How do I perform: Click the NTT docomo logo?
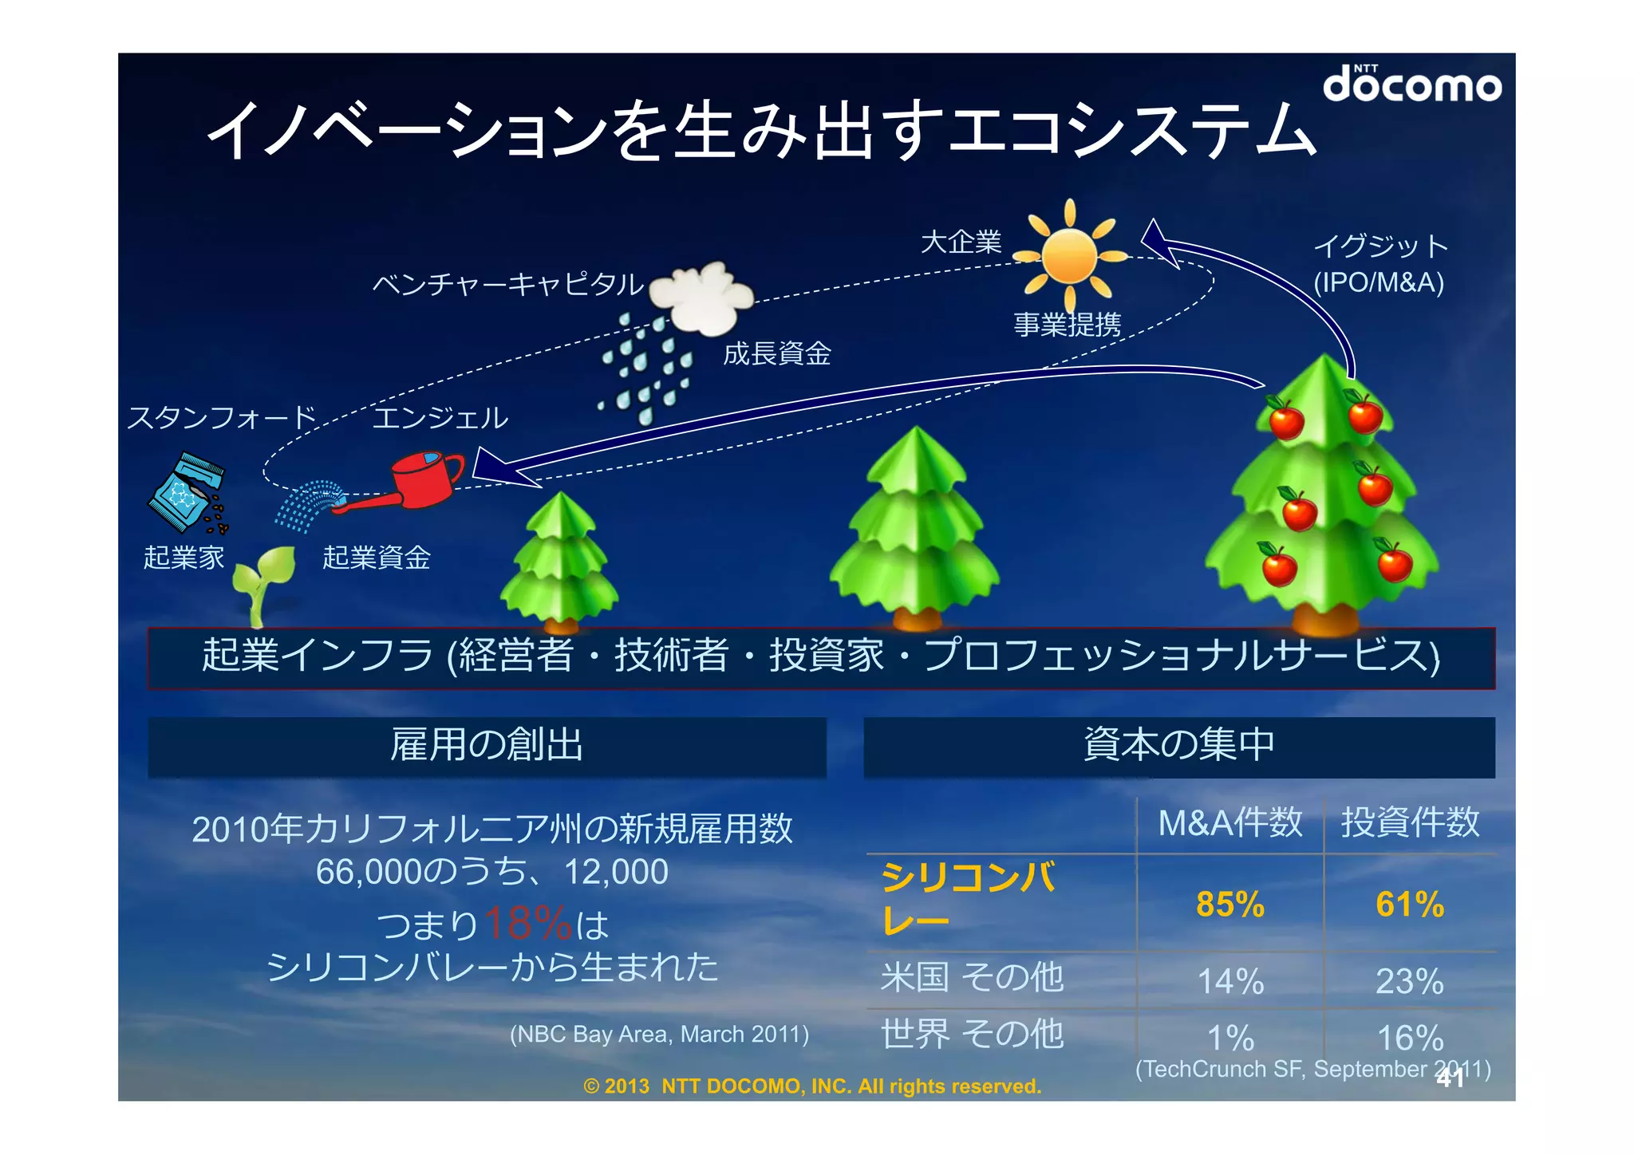[x=1411, y=84]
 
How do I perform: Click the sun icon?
[x=1070, y=254]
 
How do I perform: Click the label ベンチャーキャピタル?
[x=507, y=284]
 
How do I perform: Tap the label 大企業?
[x=961, y=242]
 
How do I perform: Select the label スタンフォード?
[x=222, y=417]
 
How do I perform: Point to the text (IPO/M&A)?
[x=1379, y=282]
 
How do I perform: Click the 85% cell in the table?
[x=1229, y=905]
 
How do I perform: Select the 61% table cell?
[x=1409, y=905]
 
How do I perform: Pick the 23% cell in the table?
[x=1409, y=981]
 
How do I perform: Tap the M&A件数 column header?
[x=1229, y=822]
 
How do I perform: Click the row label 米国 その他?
[x=972, y=977]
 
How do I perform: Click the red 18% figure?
[x=527, y=924]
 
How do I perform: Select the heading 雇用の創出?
[x=487, y=745]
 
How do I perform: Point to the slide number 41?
[x=1450, y=1078]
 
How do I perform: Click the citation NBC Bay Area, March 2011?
[x=659, y=1035]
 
